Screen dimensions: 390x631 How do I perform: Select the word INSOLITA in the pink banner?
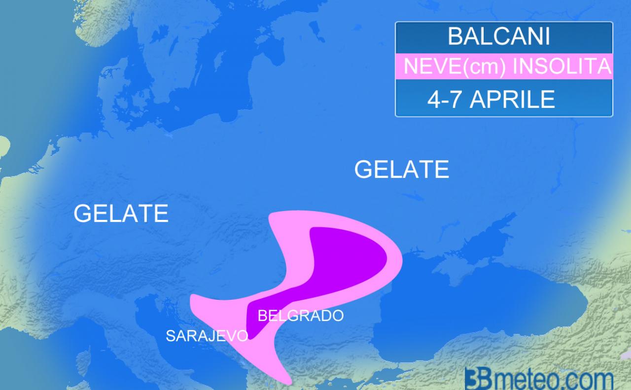(562, 67)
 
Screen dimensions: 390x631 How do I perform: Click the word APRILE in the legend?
(513, 100)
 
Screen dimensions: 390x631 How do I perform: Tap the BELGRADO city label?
(300, 316)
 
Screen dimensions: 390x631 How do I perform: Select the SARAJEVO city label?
(207, 336)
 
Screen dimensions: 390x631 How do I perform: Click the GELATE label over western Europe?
(121, 213)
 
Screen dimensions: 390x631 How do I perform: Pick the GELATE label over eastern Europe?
(401, 170)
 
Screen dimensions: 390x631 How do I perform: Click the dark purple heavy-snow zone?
(345, 256)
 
